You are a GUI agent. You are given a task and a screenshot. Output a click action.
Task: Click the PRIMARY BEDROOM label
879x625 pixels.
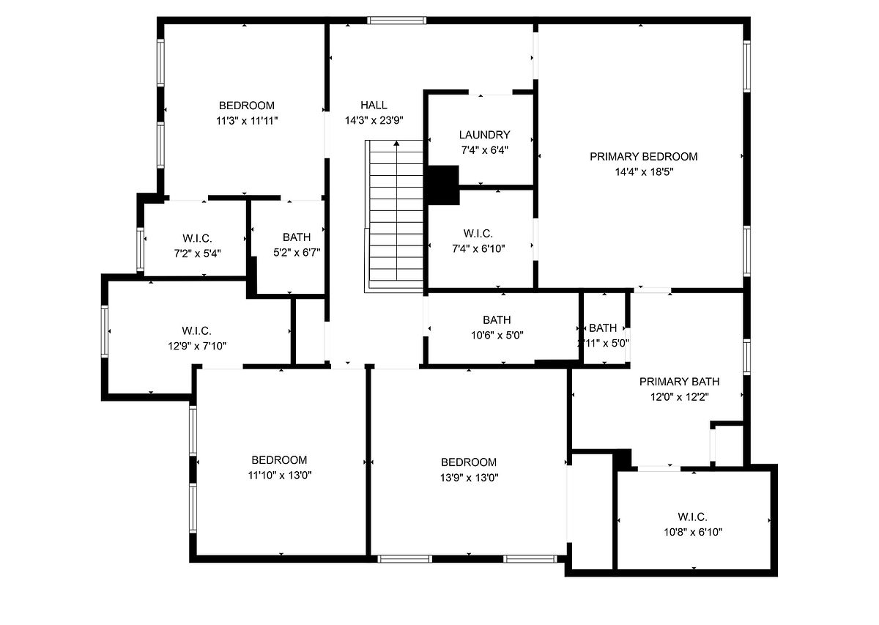pos(644,157)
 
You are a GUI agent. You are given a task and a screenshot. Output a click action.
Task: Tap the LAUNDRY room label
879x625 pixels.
pos(485,135)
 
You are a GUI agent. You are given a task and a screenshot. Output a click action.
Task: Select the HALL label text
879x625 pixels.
pos(374,105)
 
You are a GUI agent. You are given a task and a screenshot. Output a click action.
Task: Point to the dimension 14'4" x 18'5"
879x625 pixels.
pos(644,171)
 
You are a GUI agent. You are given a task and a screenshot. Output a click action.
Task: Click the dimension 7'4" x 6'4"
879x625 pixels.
pos(485,150)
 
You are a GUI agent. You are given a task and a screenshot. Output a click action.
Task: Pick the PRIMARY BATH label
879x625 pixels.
pos(679,382)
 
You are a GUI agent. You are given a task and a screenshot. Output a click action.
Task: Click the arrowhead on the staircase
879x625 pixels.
pos(396,144)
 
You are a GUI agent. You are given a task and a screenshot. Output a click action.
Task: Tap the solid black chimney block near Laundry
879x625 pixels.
pos(443,185)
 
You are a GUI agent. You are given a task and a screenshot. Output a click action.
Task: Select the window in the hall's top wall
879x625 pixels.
pos(397,21)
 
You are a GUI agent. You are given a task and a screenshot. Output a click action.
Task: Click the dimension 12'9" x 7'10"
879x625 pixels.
pos(197,346)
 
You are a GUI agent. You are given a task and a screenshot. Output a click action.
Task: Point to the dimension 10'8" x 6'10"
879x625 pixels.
pos(693,532)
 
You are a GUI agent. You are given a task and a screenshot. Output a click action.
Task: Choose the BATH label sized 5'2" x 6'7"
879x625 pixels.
pos(297,237)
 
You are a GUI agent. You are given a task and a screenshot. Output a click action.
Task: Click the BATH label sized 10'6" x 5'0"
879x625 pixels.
pos(497,320)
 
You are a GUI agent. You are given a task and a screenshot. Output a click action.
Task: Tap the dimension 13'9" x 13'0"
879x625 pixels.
pos(469,478)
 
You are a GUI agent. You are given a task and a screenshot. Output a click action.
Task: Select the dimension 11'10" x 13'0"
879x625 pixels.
pos(279,475)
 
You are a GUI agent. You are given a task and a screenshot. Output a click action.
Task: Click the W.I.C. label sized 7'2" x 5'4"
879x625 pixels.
pos(197,238)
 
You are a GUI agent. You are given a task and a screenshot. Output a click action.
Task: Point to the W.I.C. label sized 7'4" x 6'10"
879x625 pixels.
pos(478,234)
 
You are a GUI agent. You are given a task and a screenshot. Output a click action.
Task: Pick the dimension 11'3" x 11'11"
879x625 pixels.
pos(247,120)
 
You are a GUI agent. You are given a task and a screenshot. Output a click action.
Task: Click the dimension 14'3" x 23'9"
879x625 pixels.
pos(374,120)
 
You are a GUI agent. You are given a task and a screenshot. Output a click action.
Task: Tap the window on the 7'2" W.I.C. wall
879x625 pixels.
pos(140,249)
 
